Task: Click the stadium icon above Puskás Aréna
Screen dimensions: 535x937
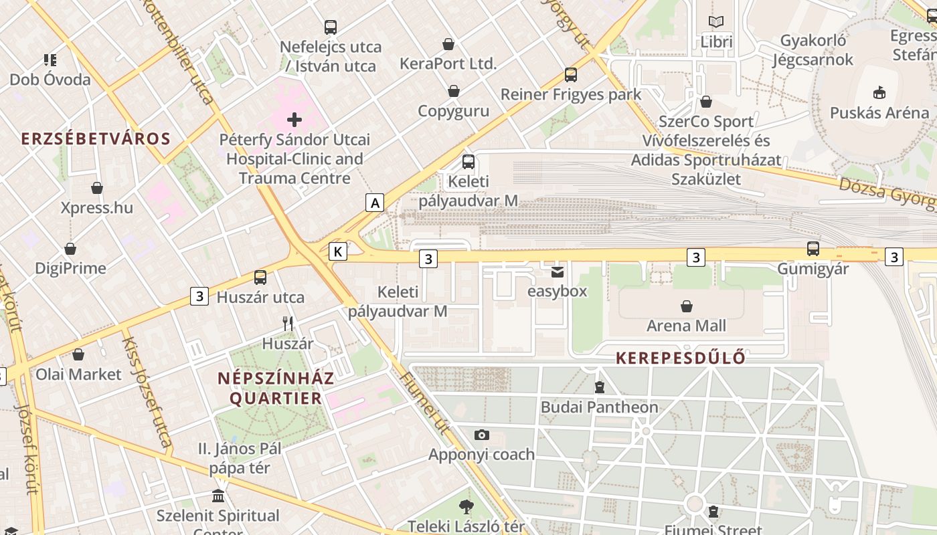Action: pyautogui.click(x=879, y=92)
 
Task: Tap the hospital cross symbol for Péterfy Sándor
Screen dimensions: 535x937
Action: pyautogui.click(x=294, y=120)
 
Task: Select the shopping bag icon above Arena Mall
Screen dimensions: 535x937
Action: pyautogui.click(x=686, y=306)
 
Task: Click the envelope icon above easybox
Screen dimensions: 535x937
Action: pyautogui.click(x=557, y=272)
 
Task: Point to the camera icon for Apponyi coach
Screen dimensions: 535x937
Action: pyautogui.click(x=481, y=435)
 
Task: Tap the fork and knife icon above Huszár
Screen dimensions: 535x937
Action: pyautogui.click(x=288, y=324)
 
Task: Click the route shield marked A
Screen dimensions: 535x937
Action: pyautogui.click(x=375, y=203)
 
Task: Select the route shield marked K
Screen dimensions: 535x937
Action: pyautogui.click(x=339, y=251)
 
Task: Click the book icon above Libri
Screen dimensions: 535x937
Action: pyautogui.click(x=716, y=22)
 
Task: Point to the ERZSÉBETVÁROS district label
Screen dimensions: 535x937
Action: pyautogui.click(x=96, y=138)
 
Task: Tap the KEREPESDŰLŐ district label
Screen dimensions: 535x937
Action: pyautogui.click(x=680, y=358)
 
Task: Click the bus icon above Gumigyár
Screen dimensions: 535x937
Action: pyautogui.click(x=813, y=249)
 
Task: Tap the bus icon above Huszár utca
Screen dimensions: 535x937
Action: pyautogui.click(x=260, y=277)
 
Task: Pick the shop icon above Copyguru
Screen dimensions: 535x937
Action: pyautogui.click(x=454, y=91)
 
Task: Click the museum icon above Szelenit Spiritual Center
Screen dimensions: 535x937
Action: pyautogui.click(x=218, y=496)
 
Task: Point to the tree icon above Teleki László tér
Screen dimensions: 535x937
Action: pyautogui.click(x=466, y=506)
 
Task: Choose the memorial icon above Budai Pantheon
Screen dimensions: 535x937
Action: pyautogui.click(x=600, y=387)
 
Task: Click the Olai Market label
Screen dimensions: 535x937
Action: pyautogui.click(x=78, y=374)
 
